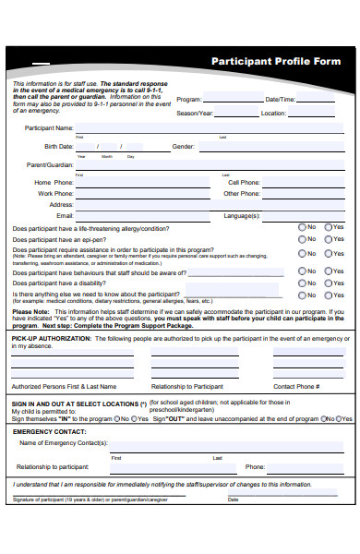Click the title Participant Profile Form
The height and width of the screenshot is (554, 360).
coord(276,61)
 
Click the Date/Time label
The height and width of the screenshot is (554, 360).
coord(281,99)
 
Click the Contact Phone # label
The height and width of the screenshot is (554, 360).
coord(295,387)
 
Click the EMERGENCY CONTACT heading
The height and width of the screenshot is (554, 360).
coord(47,432)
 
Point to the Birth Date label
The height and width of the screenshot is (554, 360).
coord(58,147)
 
